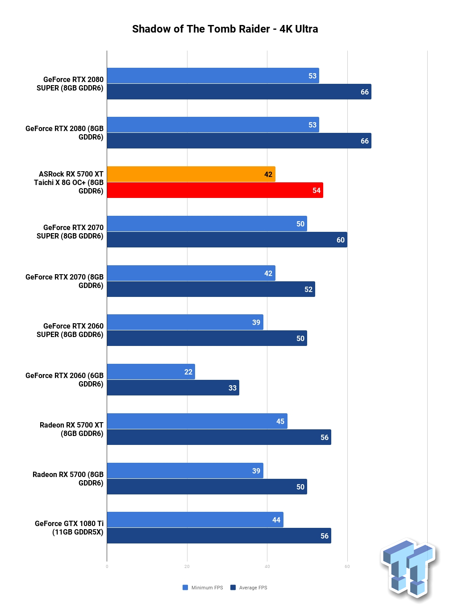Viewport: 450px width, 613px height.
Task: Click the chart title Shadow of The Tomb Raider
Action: [x=201, y=29]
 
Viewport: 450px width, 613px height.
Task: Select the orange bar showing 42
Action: [x=191, y=174]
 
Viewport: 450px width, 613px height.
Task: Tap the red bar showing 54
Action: [x=215, y=190]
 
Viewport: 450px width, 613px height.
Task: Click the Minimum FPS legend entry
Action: [x=203, y=588]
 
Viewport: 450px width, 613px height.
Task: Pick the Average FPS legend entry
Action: [x=249, y=588]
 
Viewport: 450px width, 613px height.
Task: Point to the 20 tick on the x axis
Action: [x=187, y=567]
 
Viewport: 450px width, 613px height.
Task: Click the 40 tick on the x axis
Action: [x=267, y=567]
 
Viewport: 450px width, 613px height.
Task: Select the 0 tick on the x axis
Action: [x=107, y=567]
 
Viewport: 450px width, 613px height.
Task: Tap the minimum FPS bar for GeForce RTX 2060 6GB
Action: [x=151, y=372]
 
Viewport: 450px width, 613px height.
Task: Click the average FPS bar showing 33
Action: [x=173, y=388]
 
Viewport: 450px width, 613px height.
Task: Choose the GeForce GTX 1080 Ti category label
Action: [x=69, y=527]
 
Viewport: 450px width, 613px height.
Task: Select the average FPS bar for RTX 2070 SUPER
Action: [x=227, y=240]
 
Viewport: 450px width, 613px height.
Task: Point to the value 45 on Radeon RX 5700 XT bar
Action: [x=280, y=421]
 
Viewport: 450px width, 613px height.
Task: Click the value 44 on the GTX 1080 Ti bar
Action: [x=276, y=520]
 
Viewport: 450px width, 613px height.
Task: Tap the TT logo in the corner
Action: [x=408, y=570]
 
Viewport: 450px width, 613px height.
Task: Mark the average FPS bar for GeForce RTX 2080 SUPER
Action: [x=239, y=92]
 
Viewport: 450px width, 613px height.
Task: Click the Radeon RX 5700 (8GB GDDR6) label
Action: [x=68, y=478]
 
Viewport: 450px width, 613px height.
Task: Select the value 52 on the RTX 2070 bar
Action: [x=308, y=289]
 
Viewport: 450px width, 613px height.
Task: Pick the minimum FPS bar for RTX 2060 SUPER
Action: [x=185, y=322]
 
